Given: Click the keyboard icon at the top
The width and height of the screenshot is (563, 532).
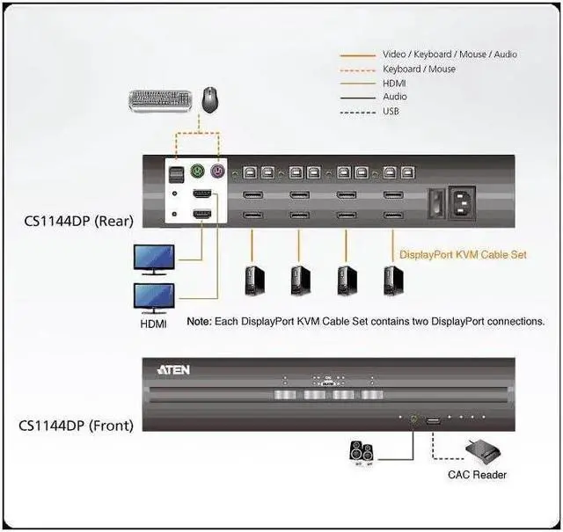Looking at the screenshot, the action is click(x=164, y=100).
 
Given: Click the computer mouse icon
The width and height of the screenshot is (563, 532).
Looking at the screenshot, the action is click(x=210, y=98).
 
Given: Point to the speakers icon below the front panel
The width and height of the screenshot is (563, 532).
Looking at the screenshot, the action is click(x=362, y=453).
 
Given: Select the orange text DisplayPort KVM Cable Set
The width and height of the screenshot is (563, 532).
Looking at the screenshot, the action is click(x=463, y=254).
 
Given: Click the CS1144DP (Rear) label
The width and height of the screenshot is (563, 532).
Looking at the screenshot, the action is click(x=79, y=221).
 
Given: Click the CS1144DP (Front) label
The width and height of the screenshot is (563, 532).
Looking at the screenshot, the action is click(x=77, y=426).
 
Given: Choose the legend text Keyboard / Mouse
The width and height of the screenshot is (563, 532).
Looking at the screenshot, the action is click(x=419, y=69).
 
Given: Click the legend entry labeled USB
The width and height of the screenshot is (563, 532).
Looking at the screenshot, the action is click(x=392, y=112).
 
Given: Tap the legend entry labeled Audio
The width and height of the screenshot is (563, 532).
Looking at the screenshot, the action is click(x=395, y=97).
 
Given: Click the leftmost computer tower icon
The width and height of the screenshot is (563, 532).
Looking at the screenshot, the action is click(x=252, y=281).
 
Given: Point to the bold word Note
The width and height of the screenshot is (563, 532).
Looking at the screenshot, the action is click(x=198, y=322).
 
